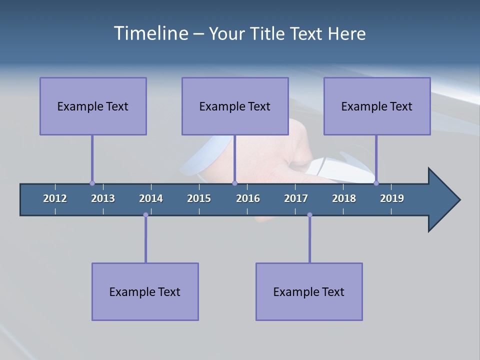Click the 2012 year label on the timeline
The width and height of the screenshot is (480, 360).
tap(55, 198)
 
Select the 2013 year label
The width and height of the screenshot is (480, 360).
tap(103, 198)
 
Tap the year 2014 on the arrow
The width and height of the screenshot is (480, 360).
tap(151, 198)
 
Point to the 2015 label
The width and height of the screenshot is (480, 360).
tap(199, 198)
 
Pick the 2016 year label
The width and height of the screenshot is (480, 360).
tap(248, 198)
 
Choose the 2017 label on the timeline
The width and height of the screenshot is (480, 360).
tap(296, 198)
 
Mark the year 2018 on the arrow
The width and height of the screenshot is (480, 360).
tap(344, 198)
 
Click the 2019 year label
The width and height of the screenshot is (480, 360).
tap(392, 198)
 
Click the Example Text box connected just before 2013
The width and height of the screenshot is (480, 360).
tap(93, 106)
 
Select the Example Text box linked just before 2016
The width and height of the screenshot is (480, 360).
tap(235, 106)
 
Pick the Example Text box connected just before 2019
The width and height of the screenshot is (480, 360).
tap(377, 106)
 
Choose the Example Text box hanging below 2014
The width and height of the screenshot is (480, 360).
tap(145, 291)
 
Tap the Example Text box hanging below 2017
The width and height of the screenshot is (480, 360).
tap(309, 291)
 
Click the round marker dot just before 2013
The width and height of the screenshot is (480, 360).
tap(92, 183)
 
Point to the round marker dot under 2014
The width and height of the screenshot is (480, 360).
tap(145, 215)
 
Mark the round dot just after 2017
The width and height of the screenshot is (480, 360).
tap(309, 215)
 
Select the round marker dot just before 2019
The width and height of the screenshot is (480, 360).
tap(376, 183)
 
